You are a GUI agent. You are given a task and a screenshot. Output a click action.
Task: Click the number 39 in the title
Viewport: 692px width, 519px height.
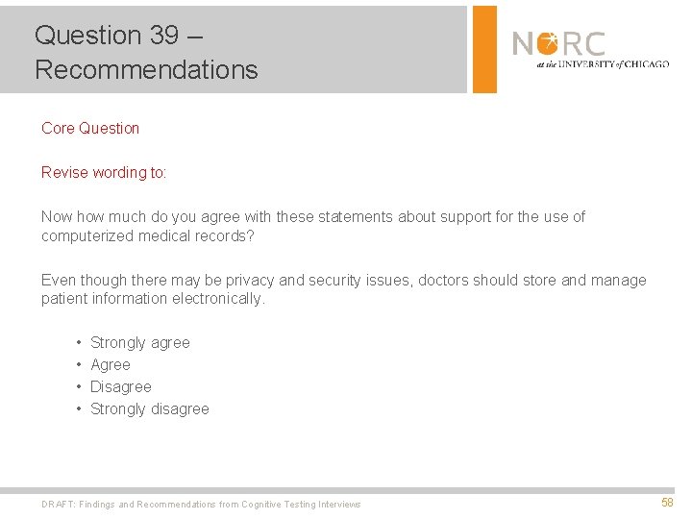click(163, 36)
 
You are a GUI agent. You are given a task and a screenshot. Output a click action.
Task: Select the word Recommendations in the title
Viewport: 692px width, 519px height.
click(146, 70)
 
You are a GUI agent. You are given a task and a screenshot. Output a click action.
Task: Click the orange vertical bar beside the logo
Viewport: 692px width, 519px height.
click(485, 49)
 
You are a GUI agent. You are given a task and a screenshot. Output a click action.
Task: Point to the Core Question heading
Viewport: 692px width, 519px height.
click(90, 128)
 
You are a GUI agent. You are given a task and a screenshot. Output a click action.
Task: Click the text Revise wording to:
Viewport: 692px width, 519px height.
click(104, 172)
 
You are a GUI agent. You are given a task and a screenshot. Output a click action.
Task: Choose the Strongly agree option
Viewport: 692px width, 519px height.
click(139, 342)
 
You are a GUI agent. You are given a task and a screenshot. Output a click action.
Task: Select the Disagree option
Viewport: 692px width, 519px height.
click(120, 386)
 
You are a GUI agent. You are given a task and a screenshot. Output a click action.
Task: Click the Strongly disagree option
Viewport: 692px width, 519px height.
click(149, 408)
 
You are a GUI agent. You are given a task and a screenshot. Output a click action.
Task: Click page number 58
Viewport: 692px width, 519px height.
click(667, 503)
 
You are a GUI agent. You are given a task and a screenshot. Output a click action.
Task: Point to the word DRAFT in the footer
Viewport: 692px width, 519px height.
click(57, 504)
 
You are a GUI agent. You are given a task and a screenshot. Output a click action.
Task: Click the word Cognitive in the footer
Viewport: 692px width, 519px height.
click(266, 504)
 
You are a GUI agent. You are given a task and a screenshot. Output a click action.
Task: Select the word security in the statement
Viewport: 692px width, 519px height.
click(362, 280)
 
